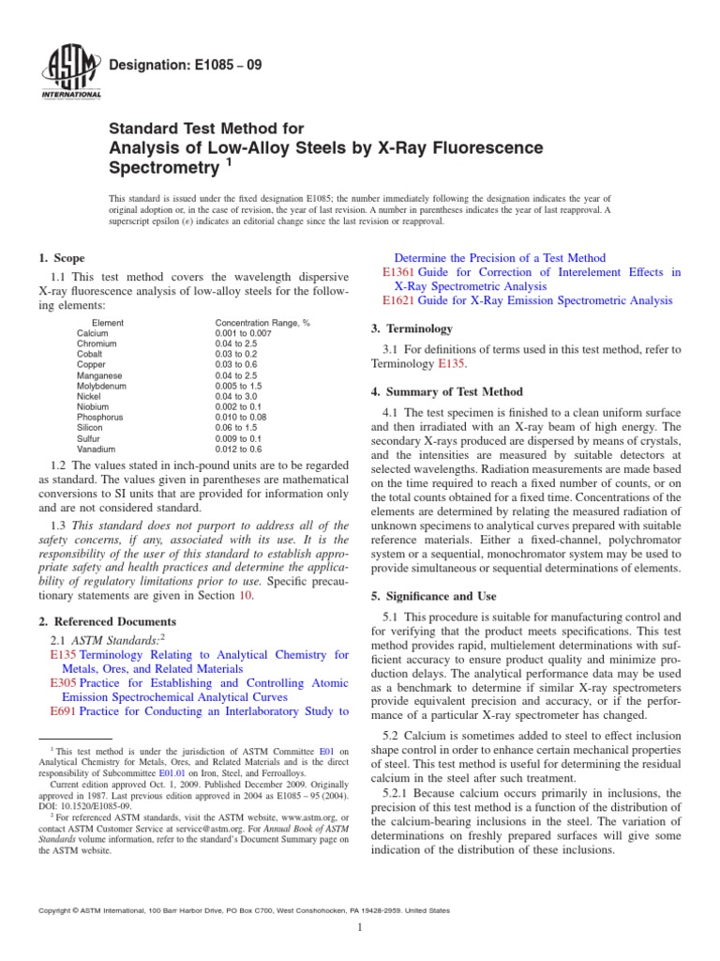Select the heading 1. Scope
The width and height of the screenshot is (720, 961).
61,258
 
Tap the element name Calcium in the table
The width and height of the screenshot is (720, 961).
92,333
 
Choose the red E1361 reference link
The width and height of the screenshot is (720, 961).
398,272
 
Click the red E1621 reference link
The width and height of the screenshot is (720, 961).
398,300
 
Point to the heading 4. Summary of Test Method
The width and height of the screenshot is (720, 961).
447,391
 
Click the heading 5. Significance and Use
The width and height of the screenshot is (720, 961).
434,596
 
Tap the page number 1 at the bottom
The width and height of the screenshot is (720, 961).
360,927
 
